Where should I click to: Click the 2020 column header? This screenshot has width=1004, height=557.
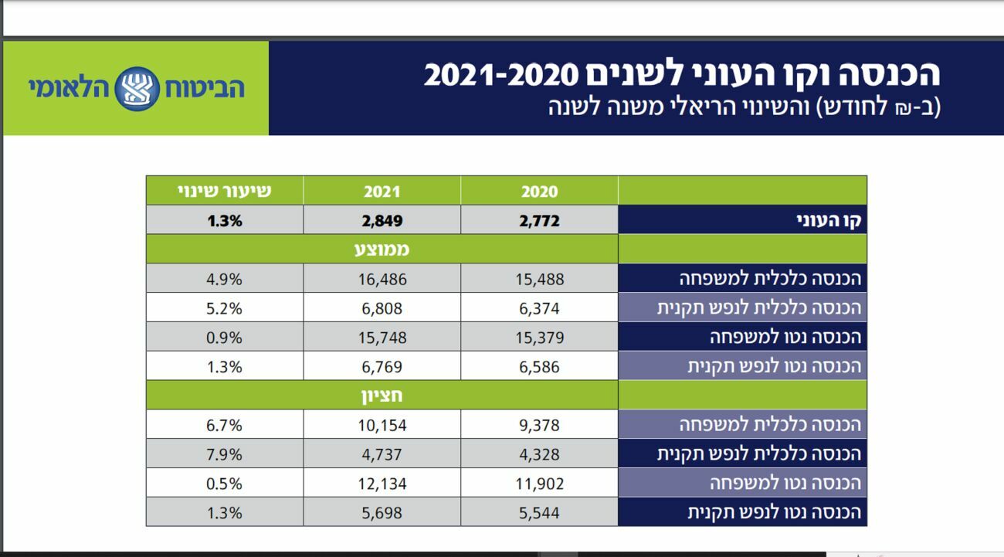(x=539, y=192)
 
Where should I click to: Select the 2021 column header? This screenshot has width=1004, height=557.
(x=382, y=192)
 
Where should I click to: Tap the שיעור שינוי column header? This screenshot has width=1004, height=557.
(x=225, y=191)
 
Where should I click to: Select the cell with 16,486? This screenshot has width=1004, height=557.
(x=382, y=279)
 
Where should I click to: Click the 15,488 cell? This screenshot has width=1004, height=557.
(x=539, y=279)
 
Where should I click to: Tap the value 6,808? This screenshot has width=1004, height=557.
(x=382, y=308)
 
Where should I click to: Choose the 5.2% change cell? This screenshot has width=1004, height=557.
(x=225, y=308)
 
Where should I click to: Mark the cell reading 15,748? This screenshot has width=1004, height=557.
(x=382, y=338)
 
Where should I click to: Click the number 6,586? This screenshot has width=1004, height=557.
(x=539, y=366)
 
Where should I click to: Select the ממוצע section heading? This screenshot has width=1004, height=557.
(x=382, y=250)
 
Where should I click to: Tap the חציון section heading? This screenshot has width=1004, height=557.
(x=382, y=396)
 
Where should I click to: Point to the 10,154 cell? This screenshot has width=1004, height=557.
(x=382, y=425)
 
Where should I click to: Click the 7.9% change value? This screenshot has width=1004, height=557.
(x=225, y=453)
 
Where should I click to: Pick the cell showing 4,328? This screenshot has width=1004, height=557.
(x=539, y=453)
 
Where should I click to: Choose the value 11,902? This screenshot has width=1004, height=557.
(x=539, y=484)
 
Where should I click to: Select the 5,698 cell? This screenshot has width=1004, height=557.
(x=382, y=512)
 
